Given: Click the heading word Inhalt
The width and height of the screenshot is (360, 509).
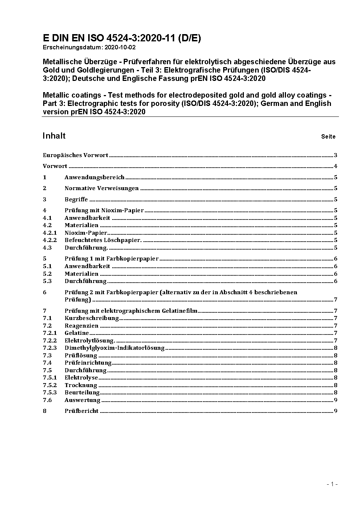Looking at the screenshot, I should (x=54, y=136).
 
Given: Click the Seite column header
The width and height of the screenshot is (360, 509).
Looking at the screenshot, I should (x=328, y=137).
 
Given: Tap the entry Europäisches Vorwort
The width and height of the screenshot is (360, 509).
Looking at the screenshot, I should (x=75, y=155).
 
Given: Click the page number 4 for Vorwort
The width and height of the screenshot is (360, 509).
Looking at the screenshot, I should (x=336, y=167).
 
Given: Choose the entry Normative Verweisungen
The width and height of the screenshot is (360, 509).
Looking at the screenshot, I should (x=102, y=188).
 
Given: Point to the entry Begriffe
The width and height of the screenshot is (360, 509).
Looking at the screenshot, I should (x=76, y=200).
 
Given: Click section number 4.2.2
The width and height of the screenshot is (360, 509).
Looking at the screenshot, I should (x=50, y=240).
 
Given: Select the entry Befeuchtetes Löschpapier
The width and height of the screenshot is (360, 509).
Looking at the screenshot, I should (x=103, y=240).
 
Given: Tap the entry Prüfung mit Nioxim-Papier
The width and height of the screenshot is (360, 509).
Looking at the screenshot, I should (x=104, y=210).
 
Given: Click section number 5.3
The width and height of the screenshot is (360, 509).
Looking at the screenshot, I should (x=47, y=281).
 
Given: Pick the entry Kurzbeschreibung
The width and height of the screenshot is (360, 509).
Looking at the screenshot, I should (x=92, y=318).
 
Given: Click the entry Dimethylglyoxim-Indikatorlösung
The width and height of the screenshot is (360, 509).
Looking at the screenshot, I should (x=115, y=348).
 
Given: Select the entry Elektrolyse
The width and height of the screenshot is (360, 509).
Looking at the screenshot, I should (x=81, y=378).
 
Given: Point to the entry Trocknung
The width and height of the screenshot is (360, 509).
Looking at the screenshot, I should (x=81, y=385).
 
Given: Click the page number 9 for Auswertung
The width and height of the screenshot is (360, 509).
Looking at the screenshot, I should (x=336, y=400).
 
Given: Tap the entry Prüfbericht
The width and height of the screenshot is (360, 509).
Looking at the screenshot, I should (x=82, y=411).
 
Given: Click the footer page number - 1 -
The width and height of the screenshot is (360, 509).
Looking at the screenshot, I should (x=332, y=484).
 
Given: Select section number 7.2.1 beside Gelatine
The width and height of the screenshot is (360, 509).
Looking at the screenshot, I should (x=50, y=333).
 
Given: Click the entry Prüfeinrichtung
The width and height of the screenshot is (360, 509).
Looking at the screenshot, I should (x=88, y=363).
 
